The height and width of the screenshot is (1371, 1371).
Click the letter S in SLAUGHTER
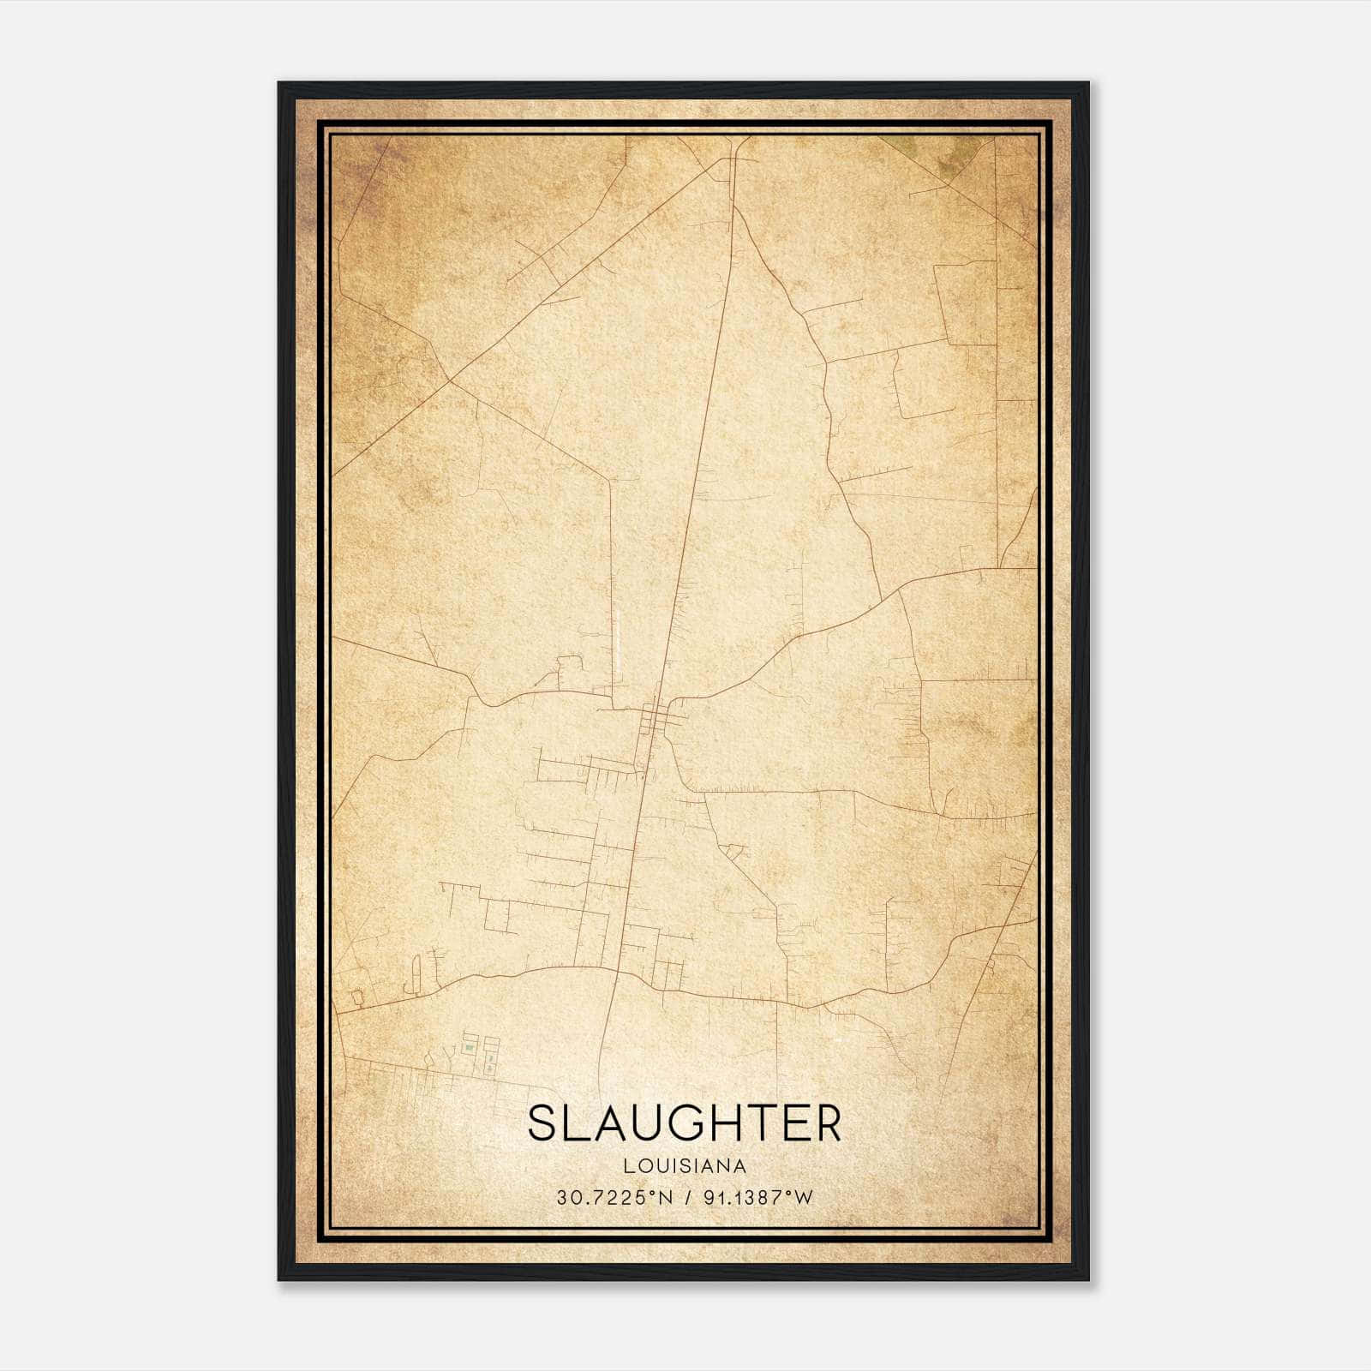(x=542, y=1123)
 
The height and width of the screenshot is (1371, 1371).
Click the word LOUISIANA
(x=685, y=1166)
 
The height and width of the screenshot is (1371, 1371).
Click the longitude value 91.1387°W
(x=757, y=1198)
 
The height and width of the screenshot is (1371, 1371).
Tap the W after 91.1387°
(x=803, y=1198)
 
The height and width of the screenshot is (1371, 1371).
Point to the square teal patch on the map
(x=469, y=1046)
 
